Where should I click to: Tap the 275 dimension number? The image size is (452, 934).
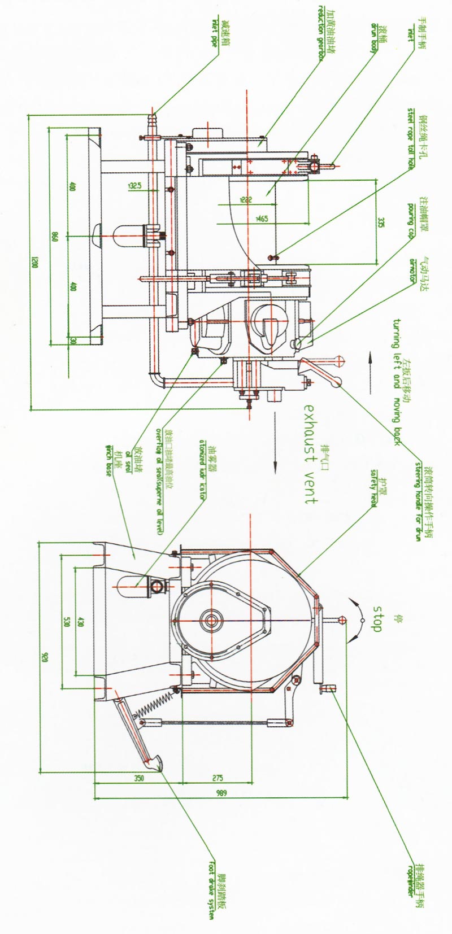pyautogui.click(x=217, y=778)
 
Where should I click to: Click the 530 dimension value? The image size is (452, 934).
pyautogui.click(x=66, y=621)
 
